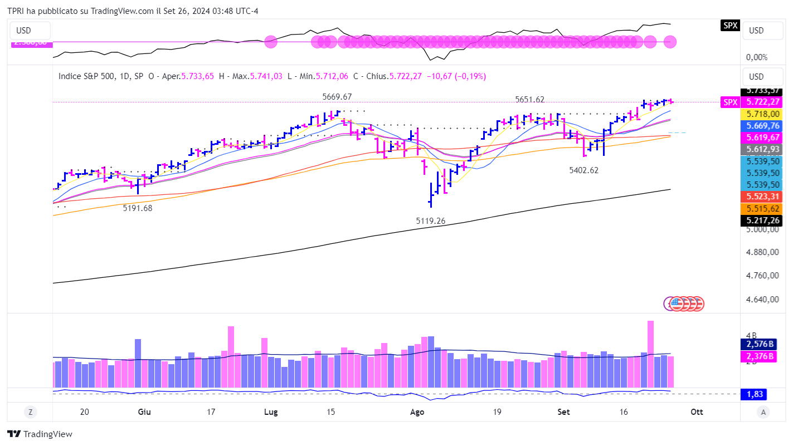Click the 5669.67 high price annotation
tap(337, 96)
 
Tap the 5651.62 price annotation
tap(529, 100)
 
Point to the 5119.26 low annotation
tap(431, 221)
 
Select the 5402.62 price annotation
tap(583, 170)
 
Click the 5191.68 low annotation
tap(138, 208)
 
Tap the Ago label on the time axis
tap(417, 412)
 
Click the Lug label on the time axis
tap(271, 412)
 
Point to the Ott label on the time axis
tap(697, 412)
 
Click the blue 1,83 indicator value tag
tap(753, 394)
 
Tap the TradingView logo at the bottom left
tap(40, 434)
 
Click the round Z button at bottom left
tap(30, 412)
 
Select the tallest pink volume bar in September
tap(650, 354)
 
